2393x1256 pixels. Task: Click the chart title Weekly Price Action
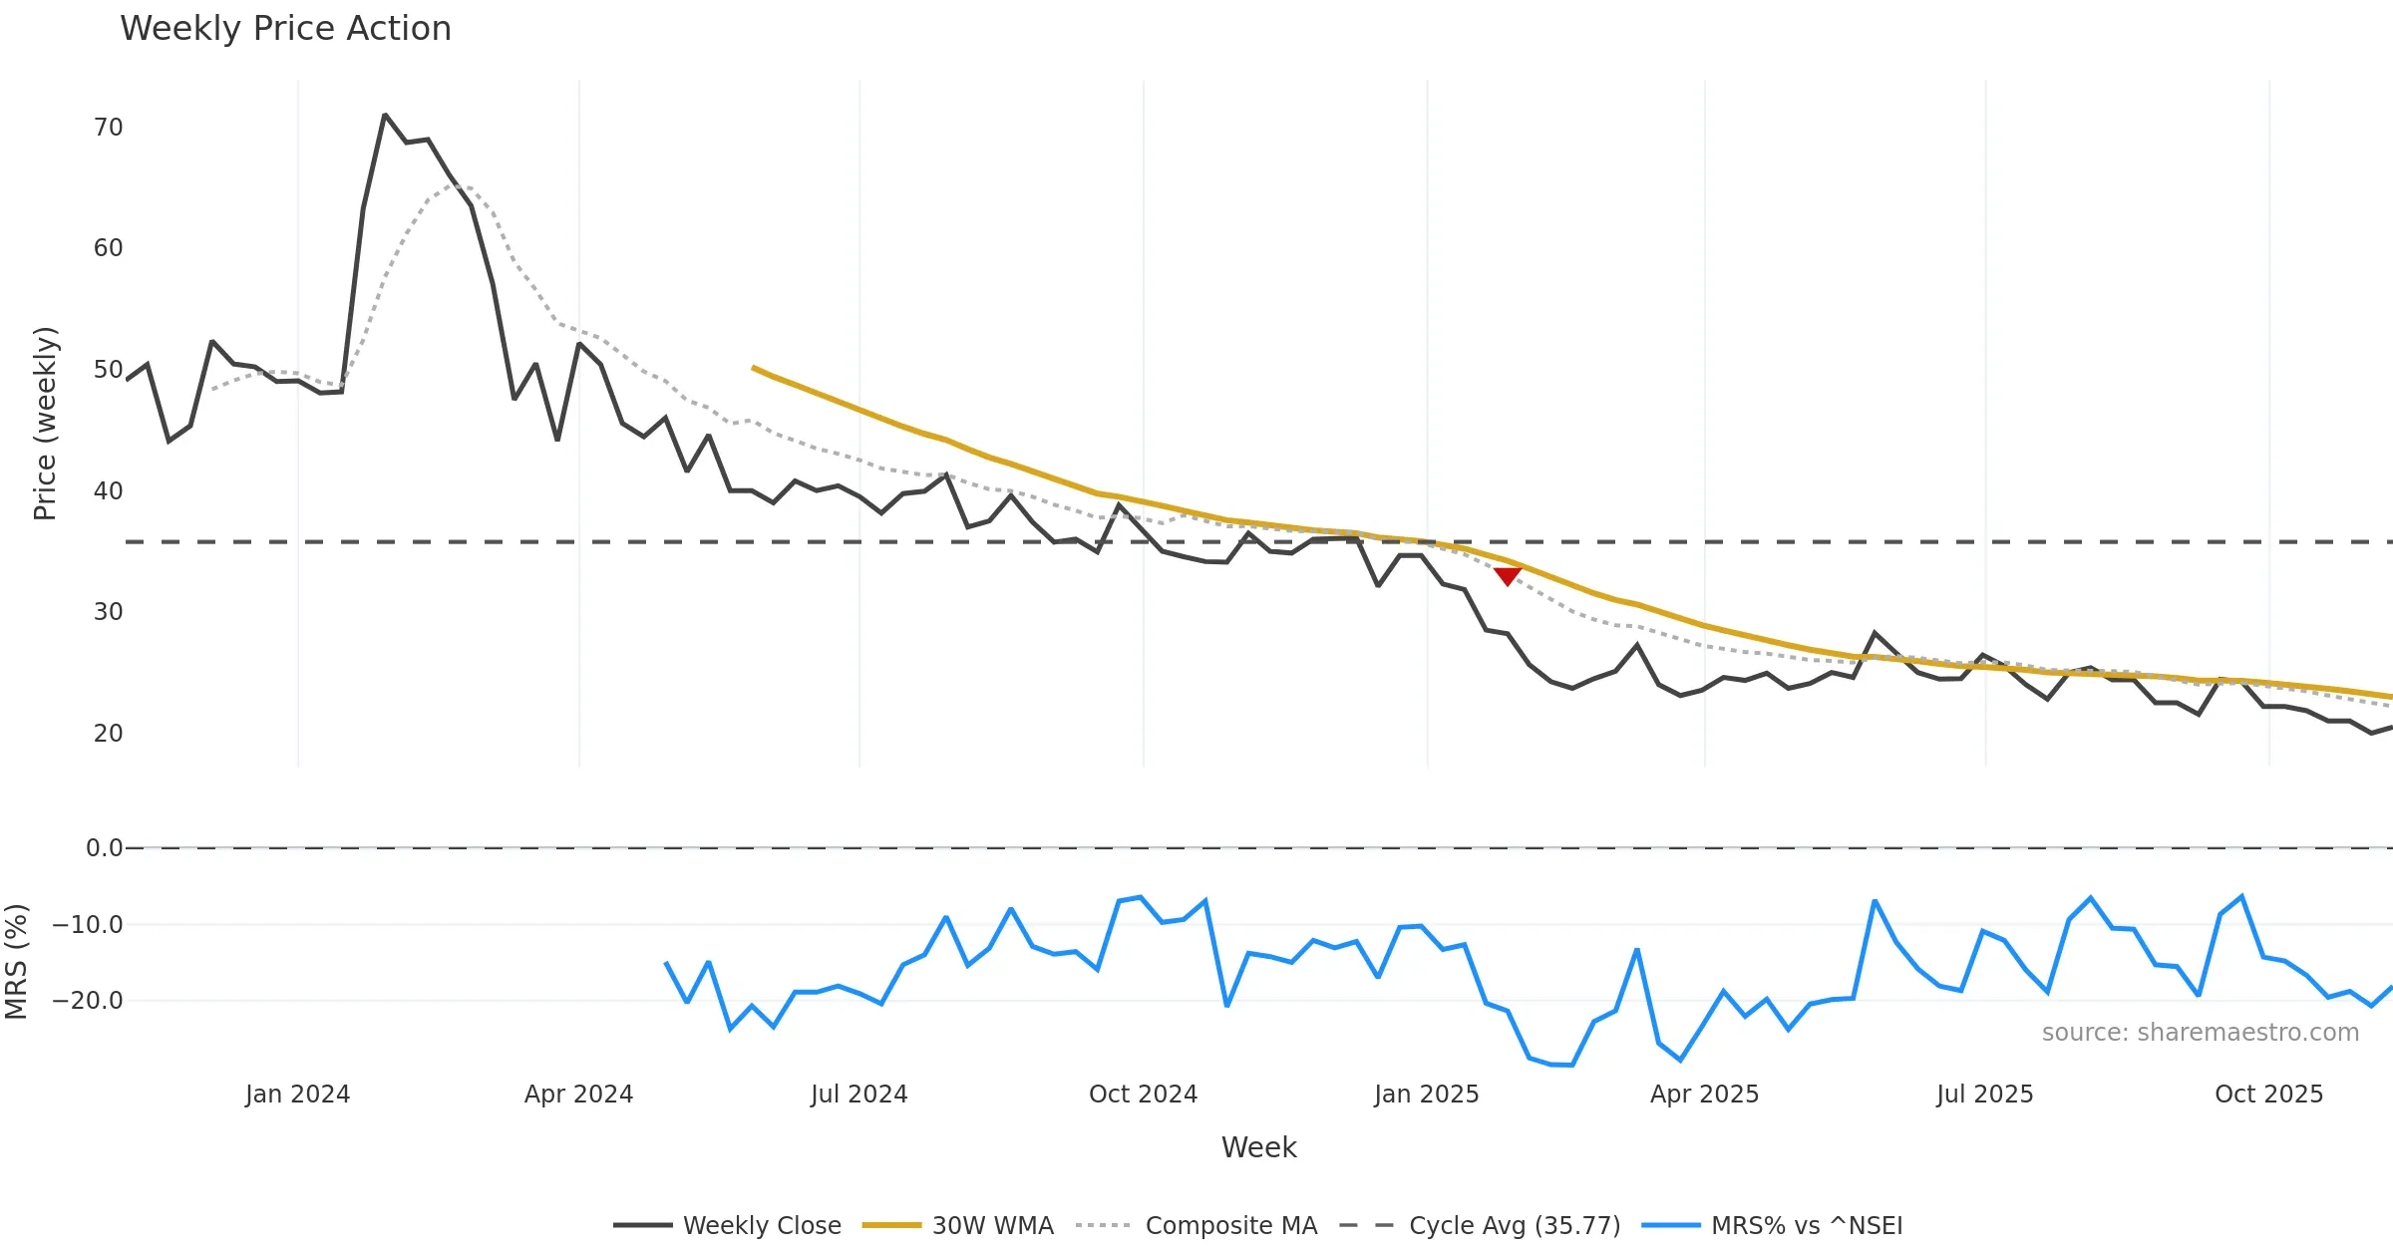(x=285, y=29)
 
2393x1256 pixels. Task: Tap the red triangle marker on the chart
(x=1507, y=576)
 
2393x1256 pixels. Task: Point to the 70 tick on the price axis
(x=109, y=128)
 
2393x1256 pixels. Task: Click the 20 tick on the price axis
(x=109, y=734)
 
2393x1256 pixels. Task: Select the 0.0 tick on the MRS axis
(x=105, y=848)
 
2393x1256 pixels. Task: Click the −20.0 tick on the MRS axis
(x=88, y=1001)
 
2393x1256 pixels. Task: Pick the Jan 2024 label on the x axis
(x=297, y=1095)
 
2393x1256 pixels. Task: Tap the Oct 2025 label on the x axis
(x=2268, y=1095)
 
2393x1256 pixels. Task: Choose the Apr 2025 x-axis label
(x=1704, y=1095)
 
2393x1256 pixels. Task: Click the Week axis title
(x=1258, y=1148)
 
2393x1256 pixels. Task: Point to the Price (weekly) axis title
(x=45, y=424)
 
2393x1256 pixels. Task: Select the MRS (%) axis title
(x=16, y=962)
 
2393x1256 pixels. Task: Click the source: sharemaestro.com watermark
(x=2200, y=1033)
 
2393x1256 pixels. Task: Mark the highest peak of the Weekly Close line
(x=385, y=116)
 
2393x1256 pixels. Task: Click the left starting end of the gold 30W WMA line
(x=754, y=368)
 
